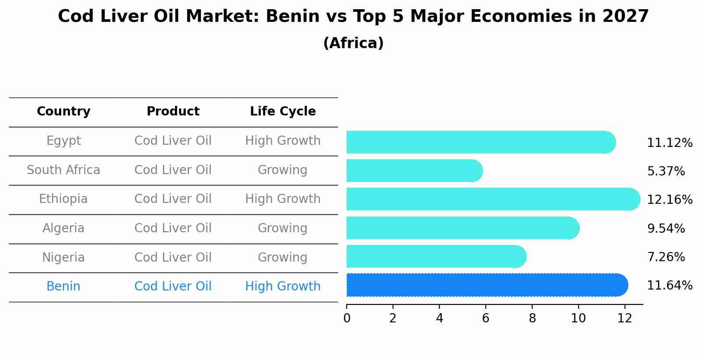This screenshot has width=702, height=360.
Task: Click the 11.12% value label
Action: tap(669, 143)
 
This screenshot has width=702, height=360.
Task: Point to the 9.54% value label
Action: tap(666, 228)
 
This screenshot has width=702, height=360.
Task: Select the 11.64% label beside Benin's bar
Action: tap(669, 286)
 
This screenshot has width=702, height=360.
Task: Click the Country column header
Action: tap(63, 112)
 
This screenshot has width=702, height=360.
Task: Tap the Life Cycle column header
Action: tap(283, 112)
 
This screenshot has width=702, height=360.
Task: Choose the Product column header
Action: tap(173, 112)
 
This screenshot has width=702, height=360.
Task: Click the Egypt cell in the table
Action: tap(63, 141)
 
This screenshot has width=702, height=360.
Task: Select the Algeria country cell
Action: tap(63, 228)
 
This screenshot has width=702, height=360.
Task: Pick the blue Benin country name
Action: tap(63, 287)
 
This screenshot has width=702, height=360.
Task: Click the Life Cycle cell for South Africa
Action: tap(282, 170)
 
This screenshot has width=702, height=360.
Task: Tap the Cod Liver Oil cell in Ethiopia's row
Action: tap(173, 199)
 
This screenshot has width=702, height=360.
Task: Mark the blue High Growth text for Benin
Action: tap(283, 287)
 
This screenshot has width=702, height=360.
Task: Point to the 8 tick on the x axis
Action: tap(532, 318)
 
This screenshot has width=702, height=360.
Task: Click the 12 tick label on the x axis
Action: tap(625, 318)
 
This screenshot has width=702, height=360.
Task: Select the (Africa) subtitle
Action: tap(353, 43)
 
